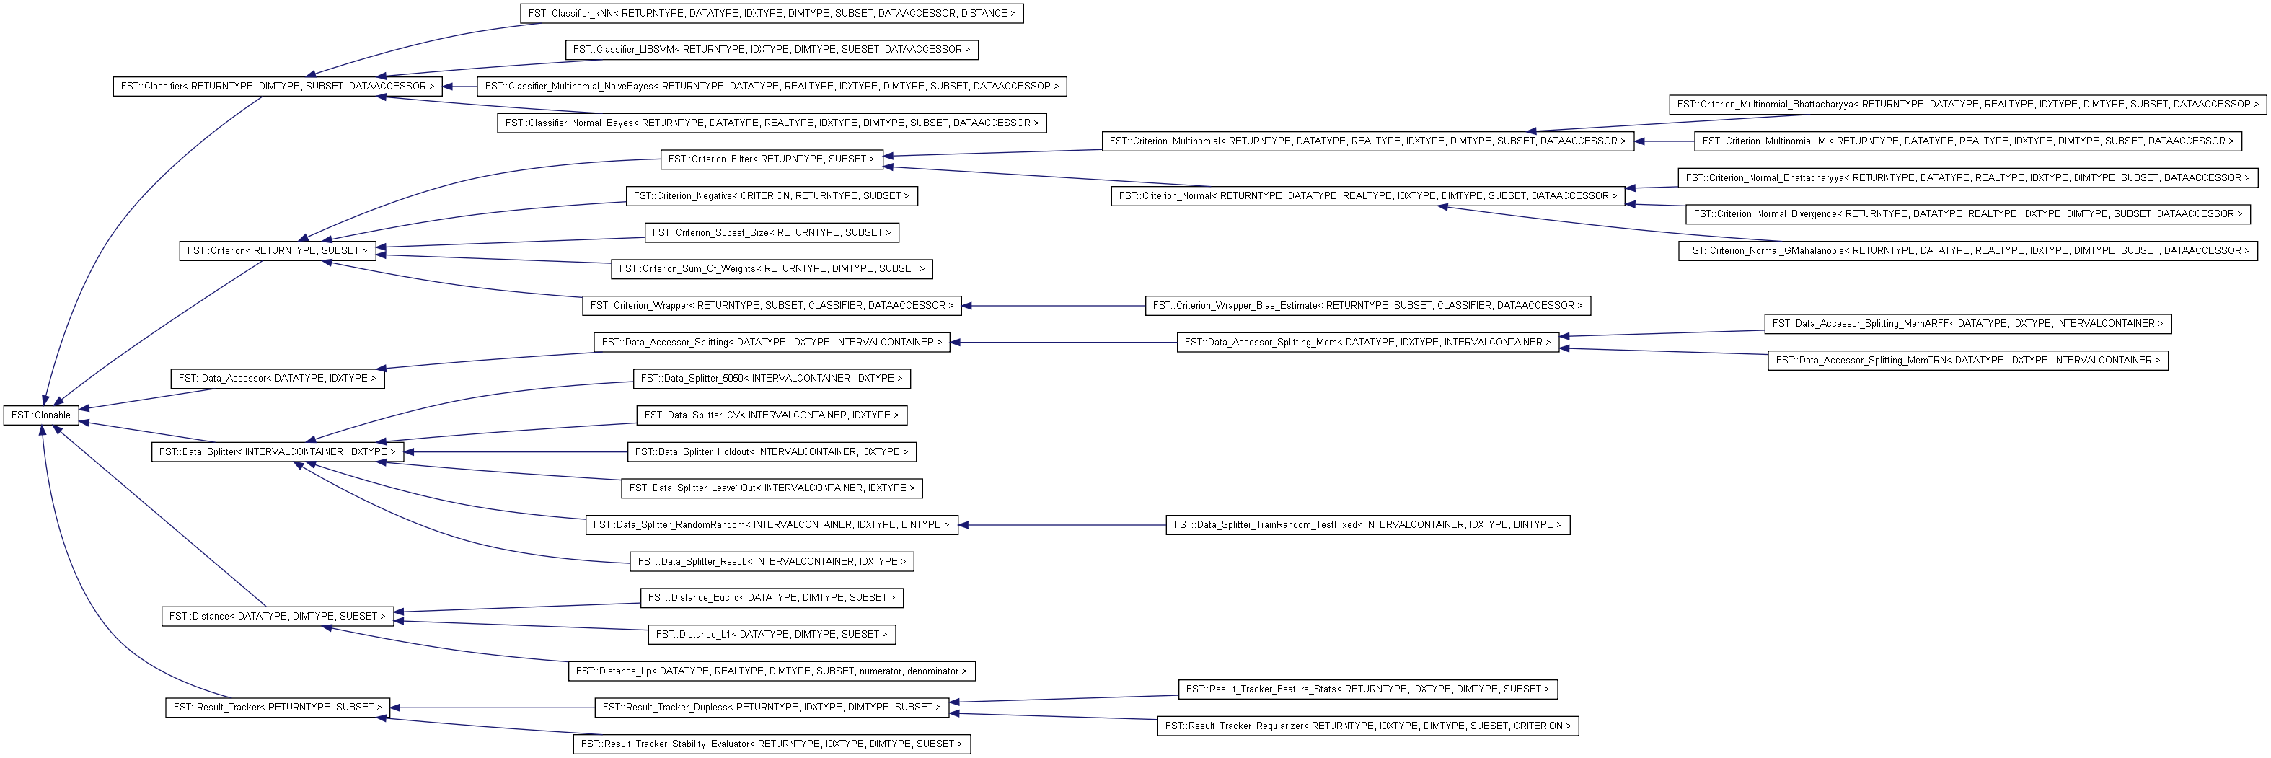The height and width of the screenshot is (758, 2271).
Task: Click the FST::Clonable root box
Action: pyautogui.click(x=41, y=415)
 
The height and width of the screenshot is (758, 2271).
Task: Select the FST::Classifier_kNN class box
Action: pyautogui.click(x=772, y=13)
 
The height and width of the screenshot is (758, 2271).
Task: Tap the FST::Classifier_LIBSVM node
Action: pyautogui.click(x=772, y=49)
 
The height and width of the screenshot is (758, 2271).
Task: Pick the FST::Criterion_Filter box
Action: pyautogui.click(x=772, y=159)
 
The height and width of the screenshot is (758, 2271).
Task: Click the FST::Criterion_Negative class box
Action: pyautogui.click(x=772, y=195)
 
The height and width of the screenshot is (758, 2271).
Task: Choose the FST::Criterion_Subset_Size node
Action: pyautogui.click(x=772, y=233)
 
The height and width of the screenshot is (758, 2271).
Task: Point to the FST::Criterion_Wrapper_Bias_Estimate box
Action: pyautogui.click(x=1367, y=306)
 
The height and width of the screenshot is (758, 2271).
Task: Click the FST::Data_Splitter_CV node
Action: pyautogui.click(x=772, y=415)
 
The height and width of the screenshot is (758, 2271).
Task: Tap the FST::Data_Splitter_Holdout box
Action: pyautogui.click(x=772, y=452)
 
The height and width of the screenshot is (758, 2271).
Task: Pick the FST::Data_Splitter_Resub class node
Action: pyautogui.click(x=772, y=561)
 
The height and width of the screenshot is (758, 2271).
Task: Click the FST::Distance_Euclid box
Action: pyautogui.click(x=772, y=598)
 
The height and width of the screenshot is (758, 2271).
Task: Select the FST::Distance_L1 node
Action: pyautogui.click(x=772, y=635)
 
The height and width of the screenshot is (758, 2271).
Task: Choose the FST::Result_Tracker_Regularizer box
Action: pyautogui.click(x=1367, y=726)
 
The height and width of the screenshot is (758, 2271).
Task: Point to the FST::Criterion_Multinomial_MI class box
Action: pyautogui.click(x=1967, y=141)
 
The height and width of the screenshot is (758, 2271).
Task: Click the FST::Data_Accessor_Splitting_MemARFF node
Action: pyautogui.click(x=1967, y=324)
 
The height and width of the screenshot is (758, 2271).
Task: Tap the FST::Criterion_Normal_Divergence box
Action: pyautogui.click(x=1967, y=214)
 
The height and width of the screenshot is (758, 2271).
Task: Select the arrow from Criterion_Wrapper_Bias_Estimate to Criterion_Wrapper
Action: pyautogui.click(x=1053, y=306)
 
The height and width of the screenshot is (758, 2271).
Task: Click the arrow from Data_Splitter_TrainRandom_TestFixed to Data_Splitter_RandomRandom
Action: pyautogui.click(x=1062, y=525)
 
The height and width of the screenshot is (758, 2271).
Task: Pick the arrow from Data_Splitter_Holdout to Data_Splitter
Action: pyautogui.click(x=515, y=452)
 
